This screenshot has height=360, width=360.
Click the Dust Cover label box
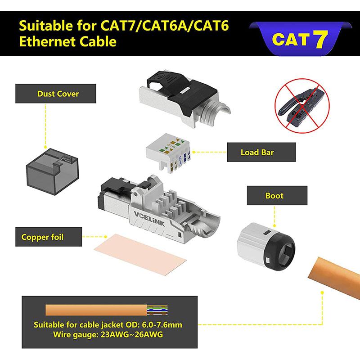[x=58, y=94]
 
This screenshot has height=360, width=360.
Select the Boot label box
[x=274, y=196]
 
